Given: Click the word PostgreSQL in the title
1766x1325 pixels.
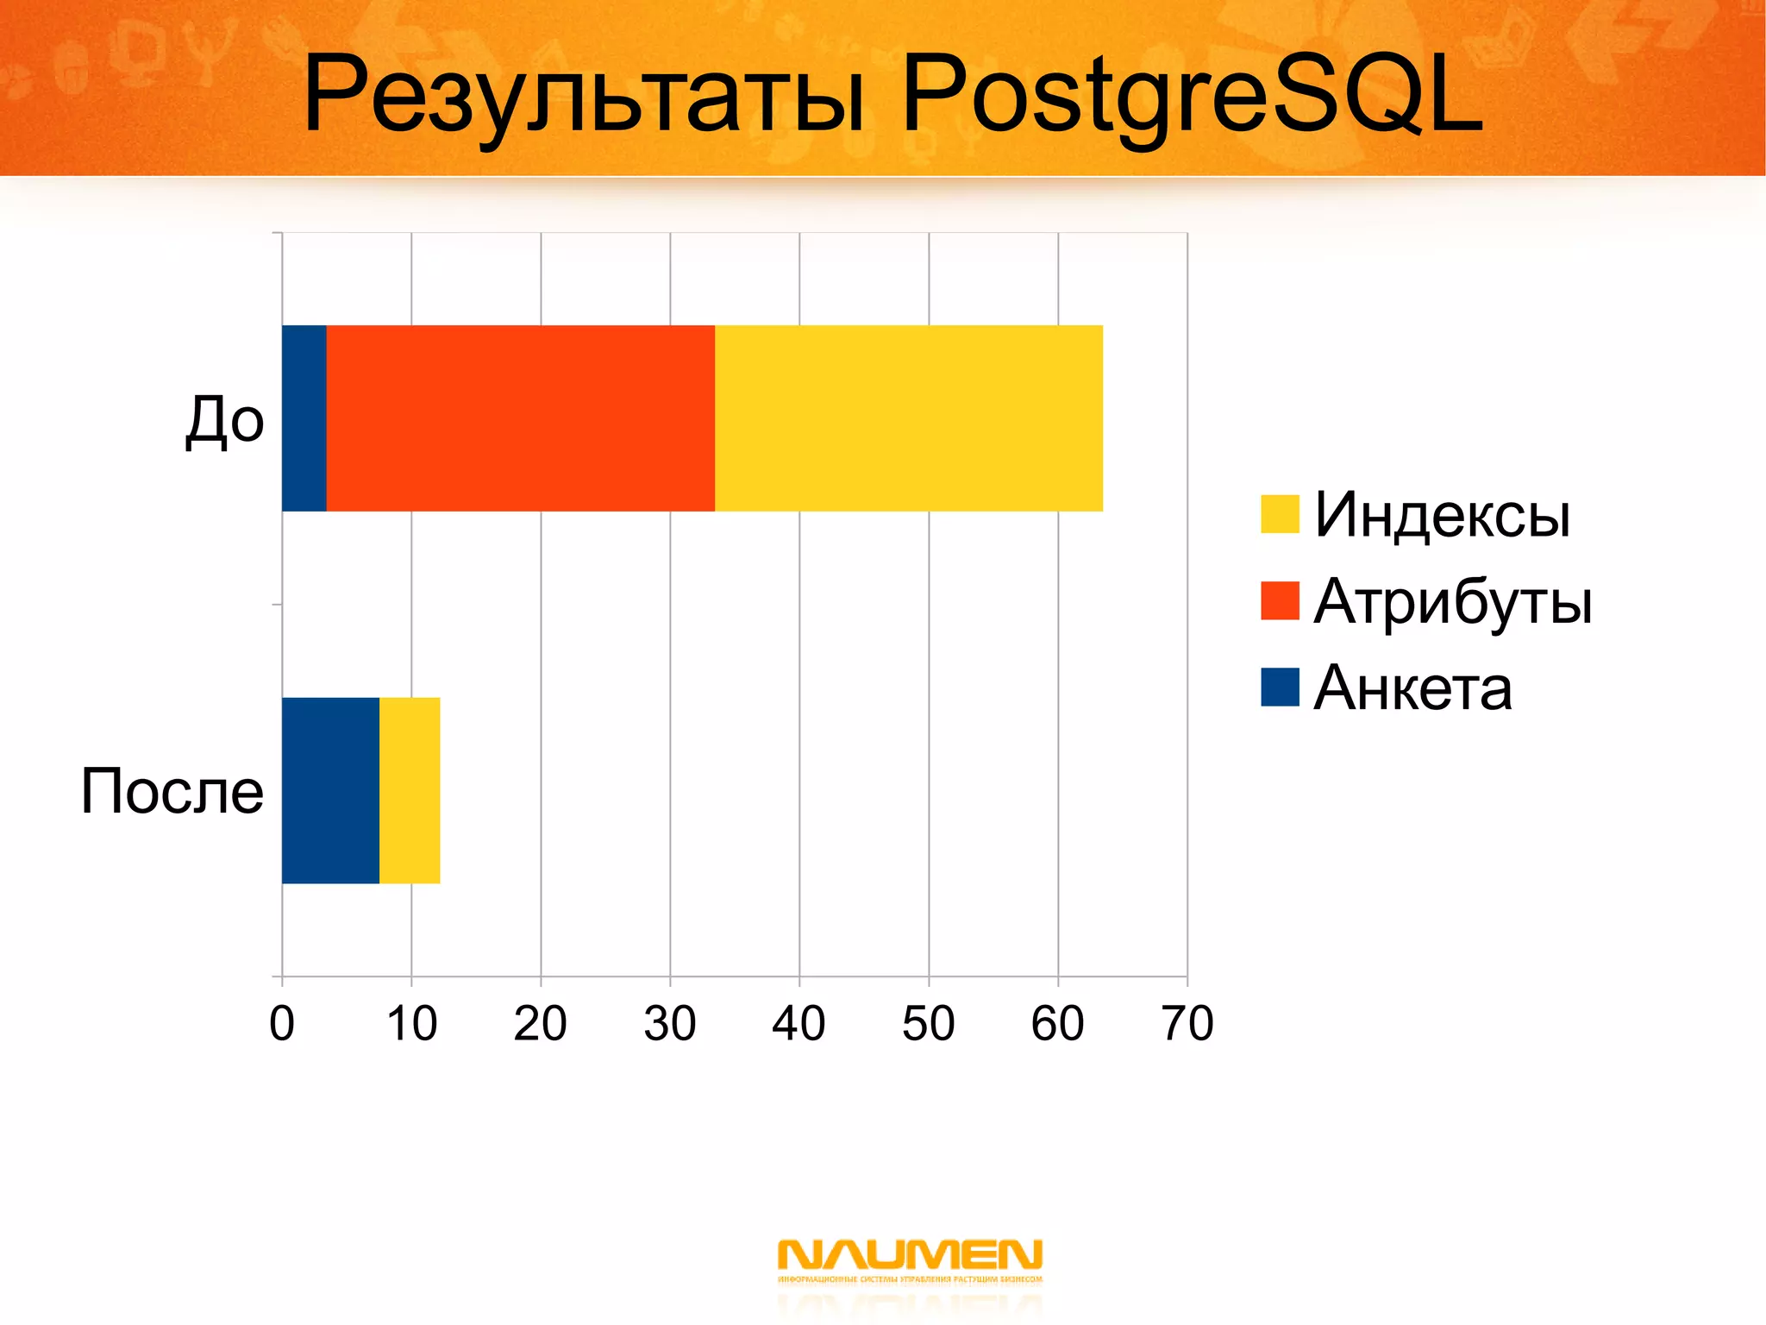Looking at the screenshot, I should (1192, 95).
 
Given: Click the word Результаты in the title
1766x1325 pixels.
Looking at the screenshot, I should (584, 95).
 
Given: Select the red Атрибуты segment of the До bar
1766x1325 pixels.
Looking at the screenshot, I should (520, 418).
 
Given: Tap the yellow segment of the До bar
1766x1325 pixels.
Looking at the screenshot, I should (908, 418).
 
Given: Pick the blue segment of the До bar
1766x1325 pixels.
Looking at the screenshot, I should (304, 418).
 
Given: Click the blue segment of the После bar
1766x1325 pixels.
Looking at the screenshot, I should (330, 790).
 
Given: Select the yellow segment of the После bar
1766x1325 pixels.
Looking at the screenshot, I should (410, 790).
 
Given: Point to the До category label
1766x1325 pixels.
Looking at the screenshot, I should (225, 420).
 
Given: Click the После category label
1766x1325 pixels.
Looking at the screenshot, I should (172, 791).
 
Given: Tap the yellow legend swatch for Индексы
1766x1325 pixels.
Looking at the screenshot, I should (1280, 514).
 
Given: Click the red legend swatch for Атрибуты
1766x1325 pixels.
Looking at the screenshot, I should (1280, 600).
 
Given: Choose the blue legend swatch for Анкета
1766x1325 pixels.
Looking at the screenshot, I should (1280, 688).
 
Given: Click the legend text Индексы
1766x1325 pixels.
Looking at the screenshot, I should (1442, 515).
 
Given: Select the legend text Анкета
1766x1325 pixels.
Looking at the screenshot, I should (1412, 688).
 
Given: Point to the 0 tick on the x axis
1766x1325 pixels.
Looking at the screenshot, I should (282, 1024).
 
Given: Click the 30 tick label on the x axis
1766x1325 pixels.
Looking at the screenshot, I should (669, 1024).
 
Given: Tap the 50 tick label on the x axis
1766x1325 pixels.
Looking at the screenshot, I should (928, 1024).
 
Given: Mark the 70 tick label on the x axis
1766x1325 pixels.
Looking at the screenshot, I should (1187, 1024).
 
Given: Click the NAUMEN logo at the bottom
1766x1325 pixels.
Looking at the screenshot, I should (910, 1259).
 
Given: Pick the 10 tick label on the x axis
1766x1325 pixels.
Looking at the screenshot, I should (411, 1024).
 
